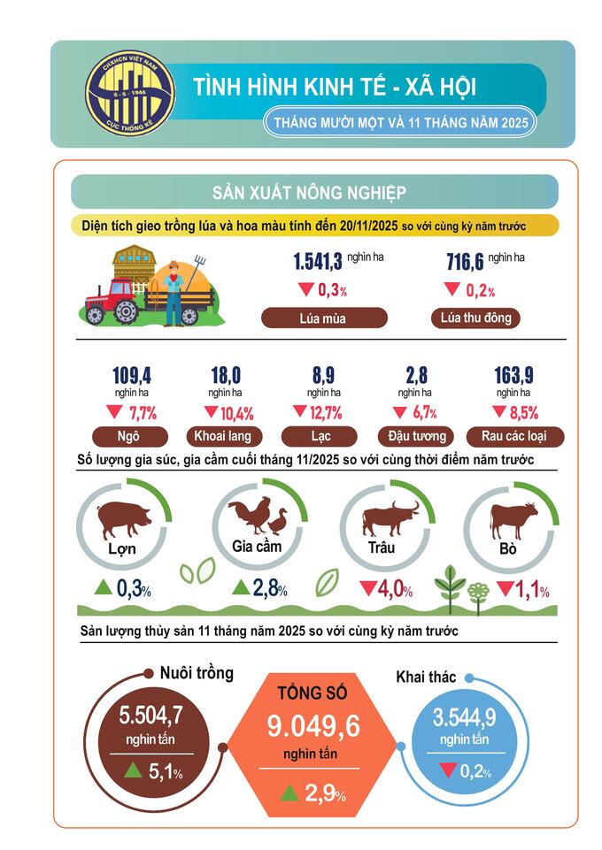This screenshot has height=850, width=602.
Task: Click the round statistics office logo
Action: pos(129,93)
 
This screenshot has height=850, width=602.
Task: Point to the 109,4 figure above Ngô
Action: pos(128,375)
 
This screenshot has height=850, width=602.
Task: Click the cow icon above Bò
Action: pos(512,519)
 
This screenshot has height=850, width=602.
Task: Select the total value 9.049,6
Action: pos(313,726)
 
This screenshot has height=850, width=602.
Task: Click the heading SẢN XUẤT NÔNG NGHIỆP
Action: pos(309,192)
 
